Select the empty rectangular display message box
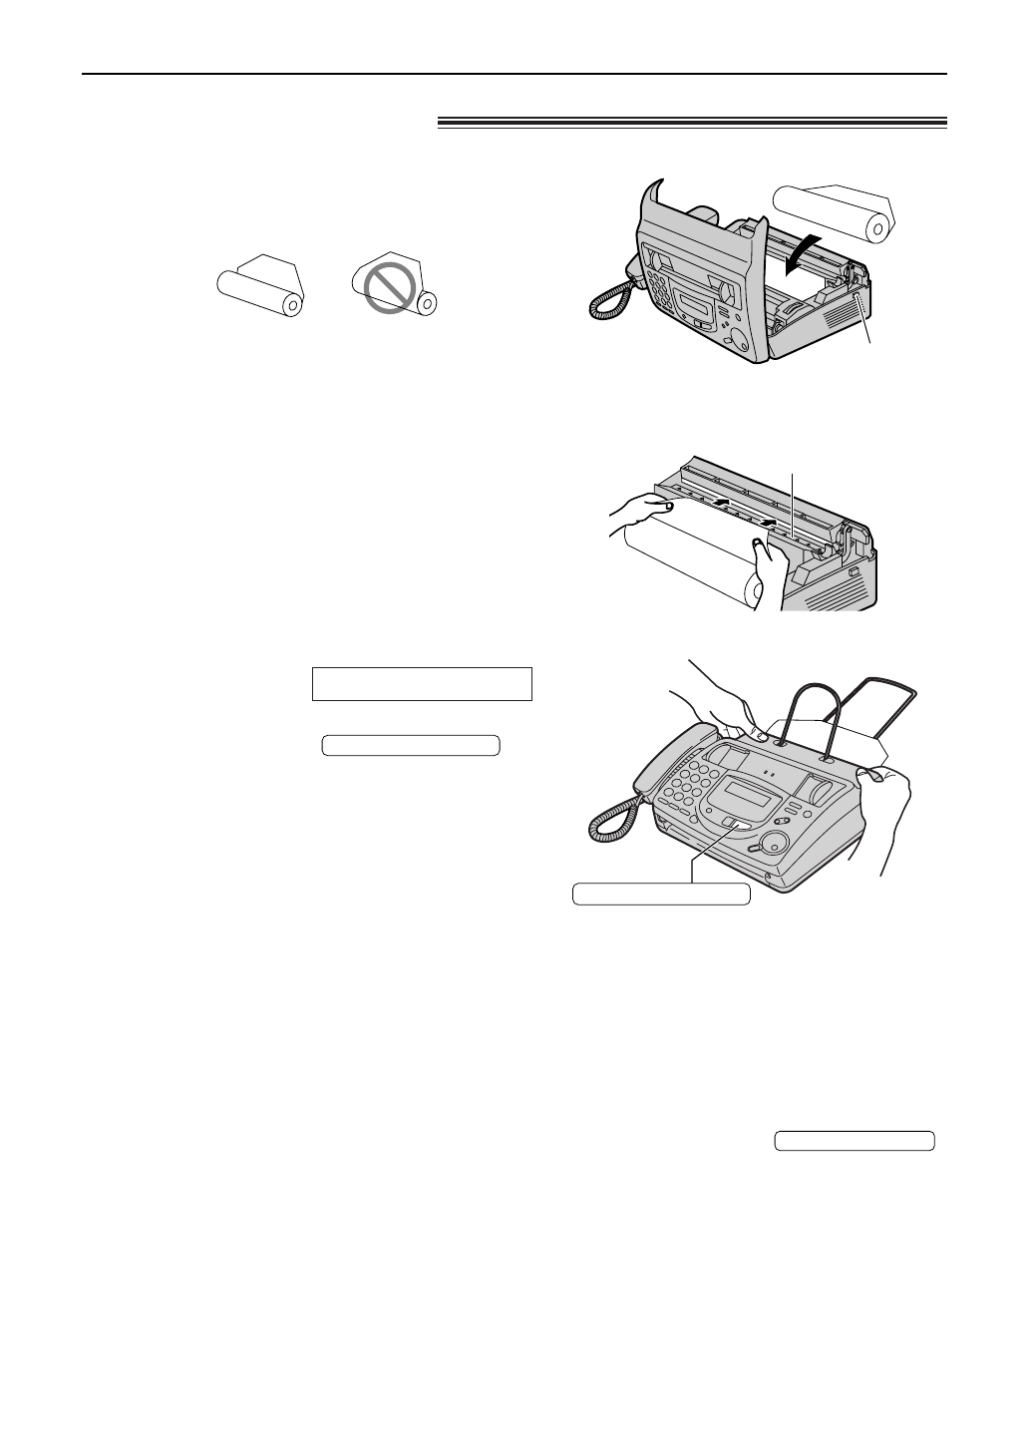[x=422, y=684]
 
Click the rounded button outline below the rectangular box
[x=410, y=745]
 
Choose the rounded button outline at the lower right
[x=855, y=1141]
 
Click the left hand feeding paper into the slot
[x=638, y=516]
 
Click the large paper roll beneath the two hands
[x=688, y=563]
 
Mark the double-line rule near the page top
[x=691, y=123]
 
